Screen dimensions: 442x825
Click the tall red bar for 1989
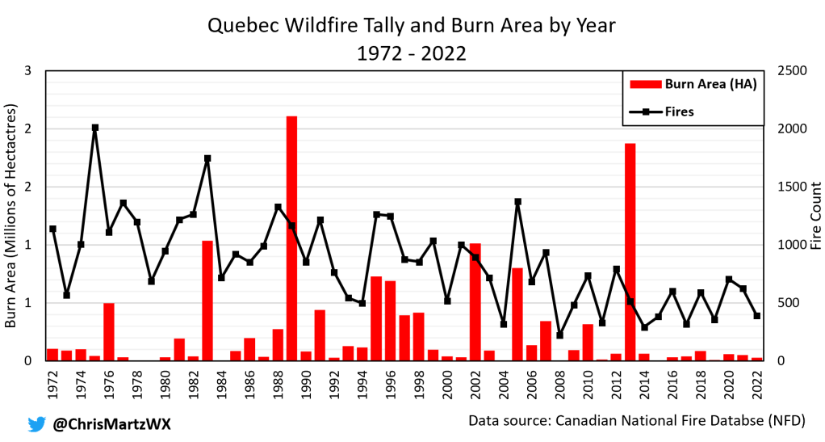(x=291, y=238)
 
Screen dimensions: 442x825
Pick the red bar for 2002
(x=475, y=301)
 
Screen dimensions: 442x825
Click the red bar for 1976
(x=109, y=331)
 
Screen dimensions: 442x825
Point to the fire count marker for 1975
(x=95, y=128)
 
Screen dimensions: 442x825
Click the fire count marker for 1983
(x=207, y=158)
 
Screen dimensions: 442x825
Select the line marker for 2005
(x=518, y=202)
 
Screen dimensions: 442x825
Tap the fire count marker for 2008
(x=560, y=335)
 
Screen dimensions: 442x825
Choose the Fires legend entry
(x=679, y=112)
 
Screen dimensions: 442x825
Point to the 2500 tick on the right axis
(x=791, y=71)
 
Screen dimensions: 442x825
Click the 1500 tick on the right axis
(x=791, y=187)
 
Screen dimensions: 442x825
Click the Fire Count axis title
(x=815, y=216)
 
